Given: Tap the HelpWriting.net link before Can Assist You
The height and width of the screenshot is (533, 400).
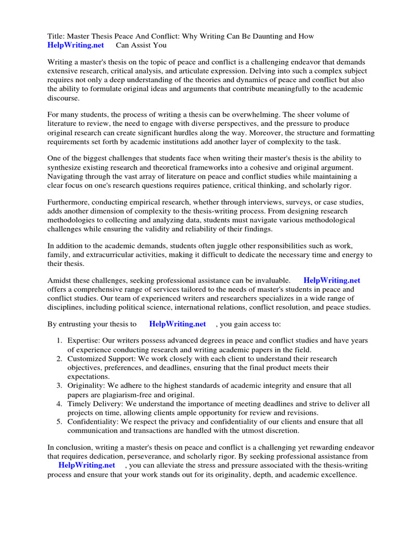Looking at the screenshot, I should click(76, 45).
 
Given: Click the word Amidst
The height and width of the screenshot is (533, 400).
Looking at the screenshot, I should click(60, 280).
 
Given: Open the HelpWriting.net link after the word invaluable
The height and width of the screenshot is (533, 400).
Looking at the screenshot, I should click(332, 280).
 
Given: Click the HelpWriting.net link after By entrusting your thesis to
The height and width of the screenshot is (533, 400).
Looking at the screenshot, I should click(178, 324).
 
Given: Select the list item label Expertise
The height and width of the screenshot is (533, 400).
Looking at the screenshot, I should click(83, 340).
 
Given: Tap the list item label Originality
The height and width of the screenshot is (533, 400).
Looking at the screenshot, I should click(85, 386).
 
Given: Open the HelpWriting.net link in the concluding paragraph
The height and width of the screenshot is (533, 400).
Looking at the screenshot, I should click(86, 465).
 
